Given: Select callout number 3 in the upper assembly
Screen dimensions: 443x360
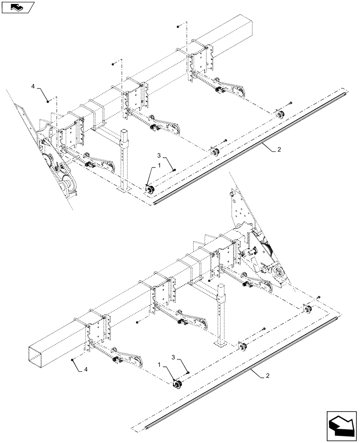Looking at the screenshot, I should (159, 155).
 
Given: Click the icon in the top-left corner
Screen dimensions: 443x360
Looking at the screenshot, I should (18, 7).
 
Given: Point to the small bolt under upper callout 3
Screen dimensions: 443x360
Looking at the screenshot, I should (175, 170).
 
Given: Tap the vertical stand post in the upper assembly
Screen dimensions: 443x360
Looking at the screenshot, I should (125, 159).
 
